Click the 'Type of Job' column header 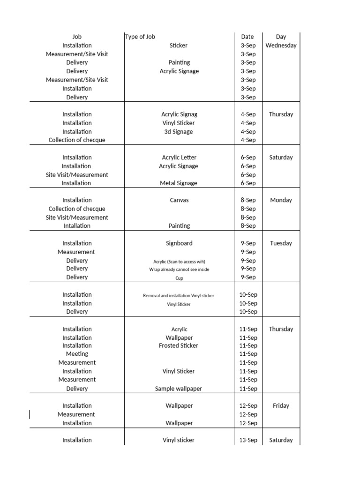pos(140,37)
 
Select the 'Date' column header pos(247,37)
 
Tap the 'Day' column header pos(281,37)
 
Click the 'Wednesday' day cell pos(281,45)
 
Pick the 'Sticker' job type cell pos(179,45)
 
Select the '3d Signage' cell pos(179,132)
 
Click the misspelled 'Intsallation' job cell pos(77,157)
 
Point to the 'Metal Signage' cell pos(179,183)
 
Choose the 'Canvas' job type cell pos(179,200)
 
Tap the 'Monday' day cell pos(281,200)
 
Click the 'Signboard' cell pos(179,243)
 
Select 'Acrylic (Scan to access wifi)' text pos(179,261)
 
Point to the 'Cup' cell pos(179,278)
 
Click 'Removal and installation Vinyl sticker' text pos(179,295)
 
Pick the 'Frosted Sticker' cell pos(179,345)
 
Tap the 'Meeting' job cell pos(77,354)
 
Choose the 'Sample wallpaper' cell pos(179,389)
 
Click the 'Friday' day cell pos(281,406)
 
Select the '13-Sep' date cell pos(248,440)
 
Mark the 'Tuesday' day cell pos(281,243)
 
